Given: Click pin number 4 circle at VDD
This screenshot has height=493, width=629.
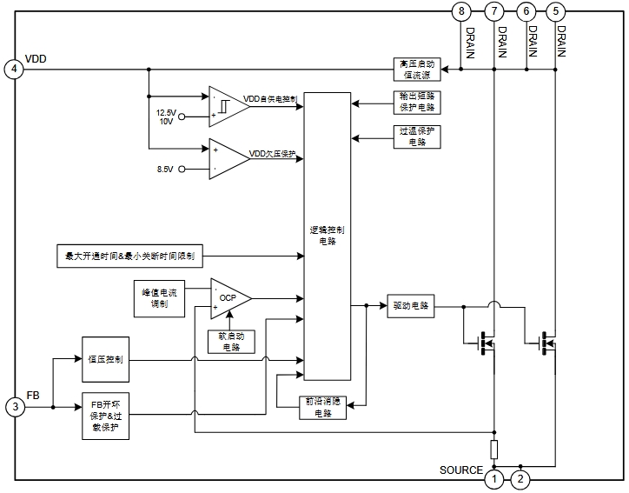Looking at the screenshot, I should (x=14, y=70).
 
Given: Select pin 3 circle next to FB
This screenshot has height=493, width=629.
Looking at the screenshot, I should (x=14, y=406).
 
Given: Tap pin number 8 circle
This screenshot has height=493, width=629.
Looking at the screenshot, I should (x=461, y=11).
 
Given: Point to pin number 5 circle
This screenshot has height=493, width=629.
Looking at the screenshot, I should (x=556, y=11).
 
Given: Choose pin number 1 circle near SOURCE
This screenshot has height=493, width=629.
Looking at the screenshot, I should (x=494, y=478).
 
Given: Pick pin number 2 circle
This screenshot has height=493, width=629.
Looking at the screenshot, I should (x=520, y=478).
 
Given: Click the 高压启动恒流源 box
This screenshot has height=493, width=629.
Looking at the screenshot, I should (x=417, y=70).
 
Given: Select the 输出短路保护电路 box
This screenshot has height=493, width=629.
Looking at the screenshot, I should (x=417, y=103).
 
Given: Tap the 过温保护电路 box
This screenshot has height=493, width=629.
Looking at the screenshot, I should (x=417, y=136).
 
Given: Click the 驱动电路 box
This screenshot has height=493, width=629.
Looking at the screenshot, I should (x=411, y=306).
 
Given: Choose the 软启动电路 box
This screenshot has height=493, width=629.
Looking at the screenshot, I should (x=231, y=342).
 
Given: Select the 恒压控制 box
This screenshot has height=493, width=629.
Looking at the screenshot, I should (x=105, y=359).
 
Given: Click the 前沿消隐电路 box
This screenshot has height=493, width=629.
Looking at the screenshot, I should (x=321, y=407).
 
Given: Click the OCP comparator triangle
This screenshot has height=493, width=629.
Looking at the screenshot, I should (x=228, y=298).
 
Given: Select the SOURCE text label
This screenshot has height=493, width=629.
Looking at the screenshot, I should (x=460, y=470).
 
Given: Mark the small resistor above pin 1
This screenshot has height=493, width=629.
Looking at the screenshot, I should (x=494, y=450).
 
